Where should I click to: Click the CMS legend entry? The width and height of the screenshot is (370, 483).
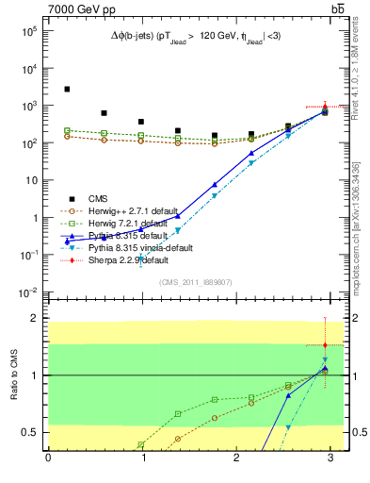(x=98, y=198)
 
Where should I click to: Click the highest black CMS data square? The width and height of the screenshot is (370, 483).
(x=67, y=90)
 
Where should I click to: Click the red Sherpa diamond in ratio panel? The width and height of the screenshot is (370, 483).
(x=325, y=345)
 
